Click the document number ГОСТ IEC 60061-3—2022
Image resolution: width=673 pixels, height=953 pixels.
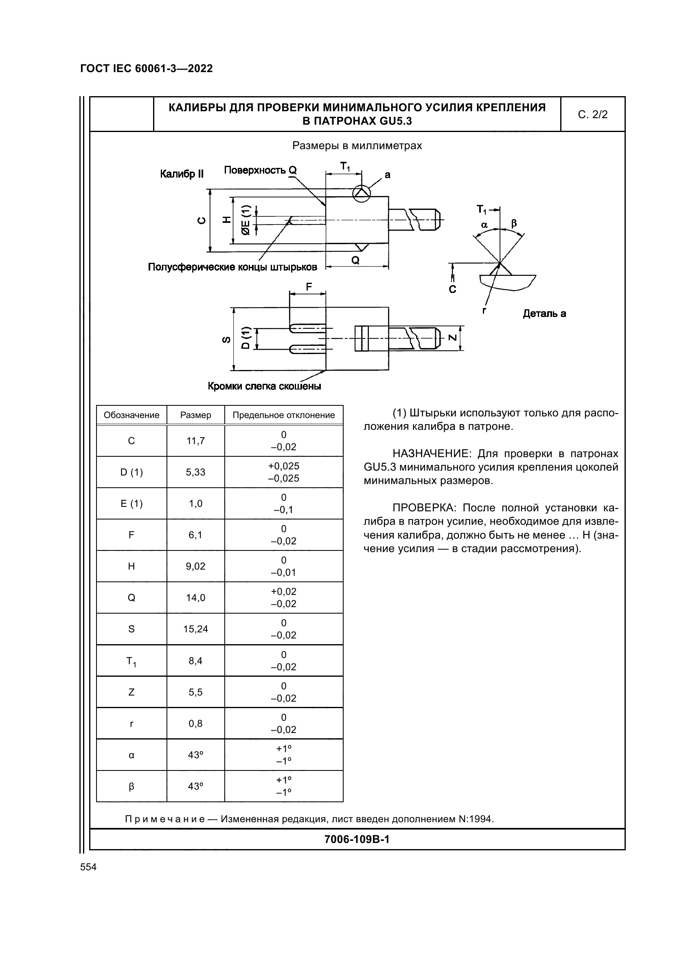147,68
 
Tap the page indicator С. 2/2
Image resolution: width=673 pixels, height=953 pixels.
592,114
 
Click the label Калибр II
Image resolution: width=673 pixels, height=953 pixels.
182,174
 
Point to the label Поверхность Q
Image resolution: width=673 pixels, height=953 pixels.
260,170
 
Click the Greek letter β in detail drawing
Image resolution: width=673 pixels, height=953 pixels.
514,224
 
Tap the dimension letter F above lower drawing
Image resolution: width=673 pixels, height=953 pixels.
309,286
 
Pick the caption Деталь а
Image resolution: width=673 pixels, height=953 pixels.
544,313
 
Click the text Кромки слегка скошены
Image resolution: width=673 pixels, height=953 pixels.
264,386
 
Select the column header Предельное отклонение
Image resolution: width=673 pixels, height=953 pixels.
284,415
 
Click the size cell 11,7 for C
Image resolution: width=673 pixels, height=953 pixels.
195,441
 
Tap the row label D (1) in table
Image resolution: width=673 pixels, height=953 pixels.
132,472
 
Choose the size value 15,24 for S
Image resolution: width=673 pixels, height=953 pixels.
195,629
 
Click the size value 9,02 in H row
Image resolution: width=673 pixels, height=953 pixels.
195,566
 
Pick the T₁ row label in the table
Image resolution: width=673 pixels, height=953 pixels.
132,661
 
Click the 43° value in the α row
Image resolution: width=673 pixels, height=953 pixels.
195,755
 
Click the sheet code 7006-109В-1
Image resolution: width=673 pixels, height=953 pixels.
357,839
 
